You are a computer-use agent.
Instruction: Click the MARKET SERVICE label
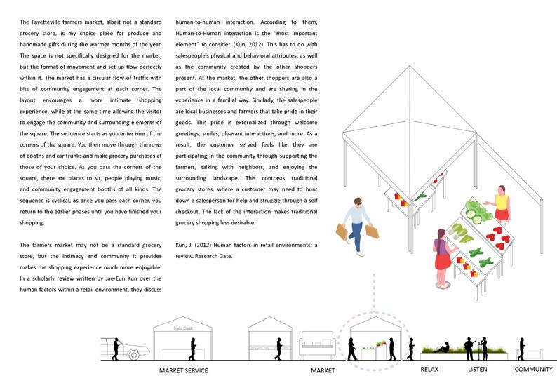pos(184,370)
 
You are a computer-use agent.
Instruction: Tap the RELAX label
pos(429,369)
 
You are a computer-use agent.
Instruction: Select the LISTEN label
pos(477,369)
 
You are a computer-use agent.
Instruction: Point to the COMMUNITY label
pos(534,369)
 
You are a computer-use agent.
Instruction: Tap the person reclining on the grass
pos(441,347)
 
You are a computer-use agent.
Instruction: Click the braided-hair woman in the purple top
pos(443,256)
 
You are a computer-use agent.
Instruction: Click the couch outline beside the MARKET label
pos(316,346)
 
